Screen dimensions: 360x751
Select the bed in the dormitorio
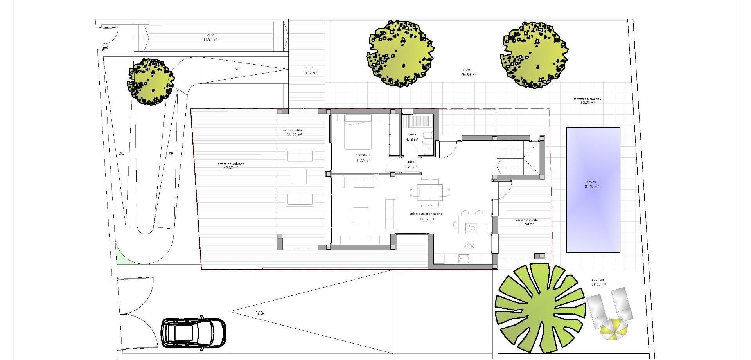coord(361,132)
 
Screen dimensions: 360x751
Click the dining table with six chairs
coord(429,192)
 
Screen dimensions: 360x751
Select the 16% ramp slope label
coord(259,313)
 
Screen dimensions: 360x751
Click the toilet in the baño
coord(429,135)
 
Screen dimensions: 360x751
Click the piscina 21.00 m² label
coord(593,184)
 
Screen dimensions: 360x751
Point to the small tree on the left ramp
coord(150,81)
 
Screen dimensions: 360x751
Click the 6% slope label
coord(237,69)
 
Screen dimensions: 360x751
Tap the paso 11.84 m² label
coord(210,37)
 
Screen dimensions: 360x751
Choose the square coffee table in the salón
coord(361,214)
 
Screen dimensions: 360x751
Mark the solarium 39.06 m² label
coord(598,282)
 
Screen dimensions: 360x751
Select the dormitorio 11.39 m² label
coord(363,157)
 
